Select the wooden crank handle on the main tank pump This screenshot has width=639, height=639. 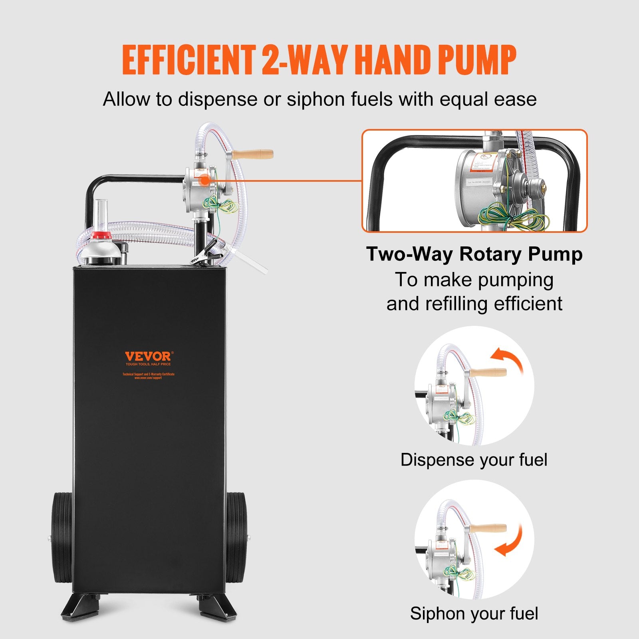(x=252, y=154)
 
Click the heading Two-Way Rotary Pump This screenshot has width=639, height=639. (x=474, y=254)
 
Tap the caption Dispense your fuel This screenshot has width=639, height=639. (x=474, y=460)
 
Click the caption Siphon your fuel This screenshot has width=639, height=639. (x=474, y=613)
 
